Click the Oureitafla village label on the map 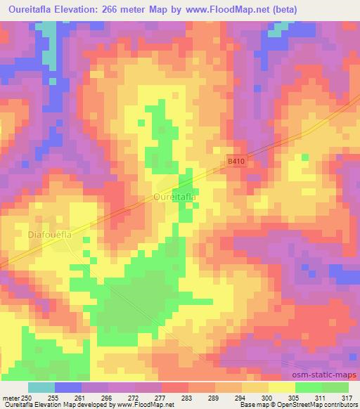click(x=174, y=197)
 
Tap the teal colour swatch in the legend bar click(x=41, y=387)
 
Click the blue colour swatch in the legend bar click(x=68, y=387)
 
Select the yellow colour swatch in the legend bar click(x=281, y=387)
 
